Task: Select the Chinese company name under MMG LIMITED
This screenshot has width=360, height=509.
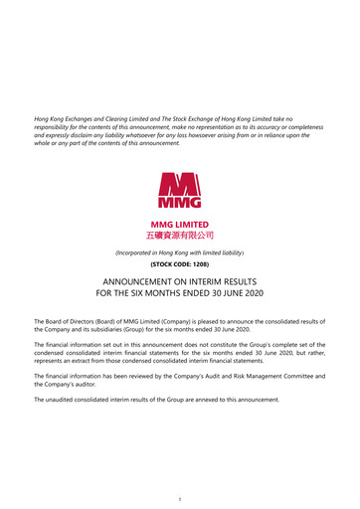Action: (x=179, y=236)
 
